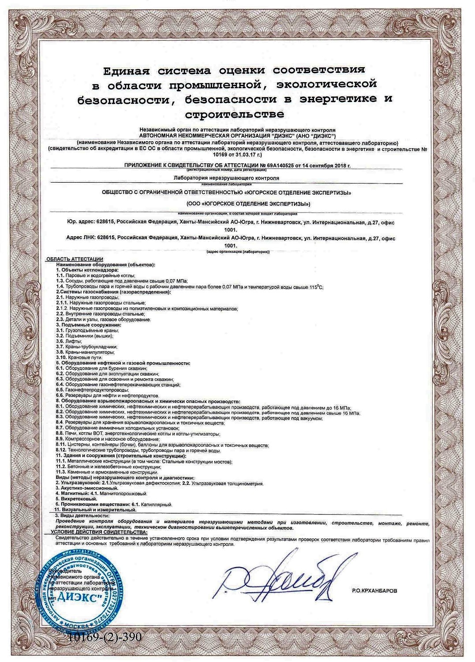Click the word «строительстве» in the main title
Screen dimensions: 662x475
click(x=234, y=115)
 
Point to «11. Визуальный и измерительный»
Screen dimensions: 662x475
click(x=95, y=510)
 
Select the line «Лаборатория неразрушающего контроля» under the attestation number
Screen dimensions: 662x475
click(x=227, y=178)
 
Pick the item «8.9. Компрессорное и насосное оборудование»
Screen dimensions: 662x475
click(x=107, y=439)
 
